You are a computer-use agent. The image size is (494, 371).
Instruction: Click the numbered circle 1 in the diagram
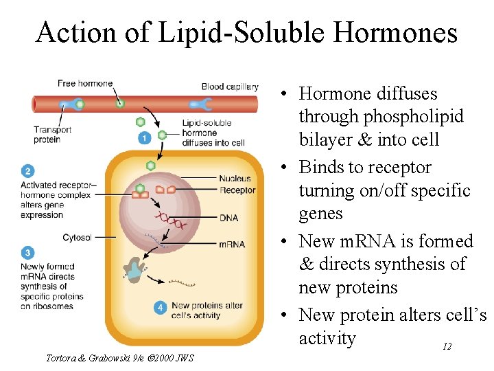144,138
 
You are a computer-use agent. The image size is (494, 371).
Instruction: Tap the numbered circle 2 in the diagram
27,171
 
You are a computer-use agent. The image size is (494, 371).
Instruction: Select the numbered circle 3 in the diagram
27,253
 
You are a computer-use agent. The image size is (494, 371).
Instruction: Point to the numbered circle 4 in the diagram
160,308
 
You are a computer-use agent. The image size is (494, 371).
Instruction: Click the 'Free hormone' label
85,84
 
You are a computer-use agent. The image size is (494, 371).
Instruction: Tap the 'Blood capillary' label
230,87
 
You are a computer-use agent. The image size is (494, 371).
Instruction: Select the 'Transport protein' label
47,134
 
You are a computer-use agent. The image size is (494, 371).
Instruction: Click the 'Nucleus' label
235,179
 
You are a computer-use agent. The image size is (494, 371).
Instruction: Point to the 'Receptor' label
237,190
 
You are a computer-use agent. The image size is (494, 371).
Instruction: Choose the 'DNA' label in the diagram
228,218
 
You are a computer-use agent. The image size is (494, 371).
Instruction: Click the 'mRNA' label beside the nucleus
231,244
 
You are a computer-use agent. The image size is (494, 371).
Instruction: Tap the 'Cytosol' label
77,238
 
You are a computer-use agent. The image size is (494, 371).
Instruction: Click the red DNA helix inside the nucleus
170,221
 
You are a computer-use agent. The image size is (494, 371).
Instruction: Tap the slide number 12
447,347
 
